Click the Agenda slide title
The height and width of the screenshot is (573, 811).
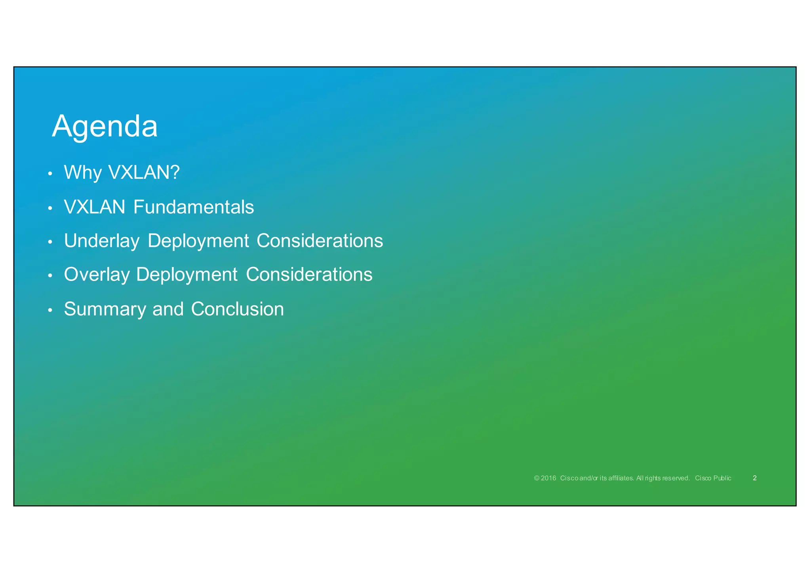105,127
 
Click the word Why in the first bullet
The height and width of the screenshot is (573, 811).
83,173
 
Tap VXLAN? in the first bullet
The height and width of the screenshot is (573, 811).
144,173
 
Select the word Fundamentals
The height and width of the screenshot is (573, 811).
194,207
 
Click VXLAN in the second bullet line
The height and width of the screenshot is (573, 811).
95,207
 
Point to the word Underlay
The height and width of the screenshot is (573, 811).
102,241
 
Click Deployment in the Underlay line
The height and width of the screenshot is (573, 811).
198,241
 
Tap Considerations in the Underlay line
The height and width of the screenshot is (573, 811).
320,241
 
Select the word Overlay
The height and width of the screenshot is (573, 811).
97,275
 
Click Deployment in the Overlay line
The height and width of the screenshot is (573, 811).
187,275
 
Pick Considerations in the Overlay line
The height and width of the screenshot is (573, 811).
309,274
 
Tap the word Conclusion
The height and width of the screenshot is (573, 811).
238,309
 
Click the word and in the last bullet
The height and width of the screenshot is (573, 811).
168,309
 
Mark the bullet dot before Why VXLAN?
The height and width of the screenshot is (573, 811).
50,174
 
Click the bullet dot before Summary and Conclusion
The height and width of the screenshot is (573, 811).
50,310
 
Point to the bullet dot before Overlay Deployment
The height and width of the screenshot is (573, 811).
50,276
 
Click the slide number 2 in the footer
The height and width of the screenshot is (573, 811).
754,478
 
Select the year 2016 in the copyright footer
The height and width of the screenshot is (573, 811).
548,478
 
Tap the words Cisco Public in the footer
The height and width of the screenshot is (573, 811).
713,478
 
